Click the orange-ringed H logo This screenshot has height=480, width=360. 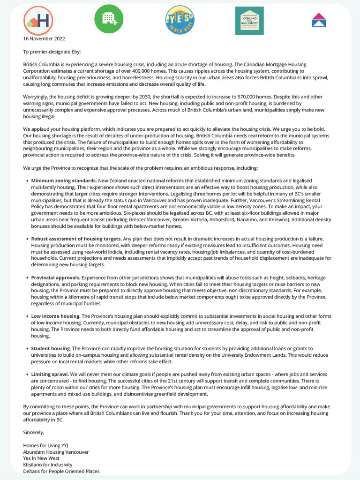coord(38,20)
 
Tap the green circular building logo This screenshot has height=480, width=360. coord(109,19)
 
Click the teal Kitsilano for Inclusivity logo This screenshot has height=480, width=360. coord(249,21)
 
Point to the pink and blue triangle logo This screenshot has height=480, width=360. coord(319,20)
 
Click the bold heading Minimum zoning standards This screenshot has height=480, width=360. coord(64,180)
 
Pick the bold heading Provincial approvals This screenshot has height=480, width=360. coord(55,277)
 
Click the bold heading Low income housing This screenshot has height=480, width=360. coord(56,316)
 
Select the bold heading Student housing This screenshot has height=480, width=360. coord(51,348)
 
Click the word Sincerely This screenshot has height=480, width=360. coord(33,432)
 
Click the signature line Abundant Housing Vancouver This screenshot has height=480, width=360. coord(56,452)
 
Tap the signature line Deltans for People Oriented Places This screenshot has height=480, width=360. coord(61,472)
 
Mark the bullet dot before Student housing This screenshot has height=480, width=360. coord(27,349)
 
